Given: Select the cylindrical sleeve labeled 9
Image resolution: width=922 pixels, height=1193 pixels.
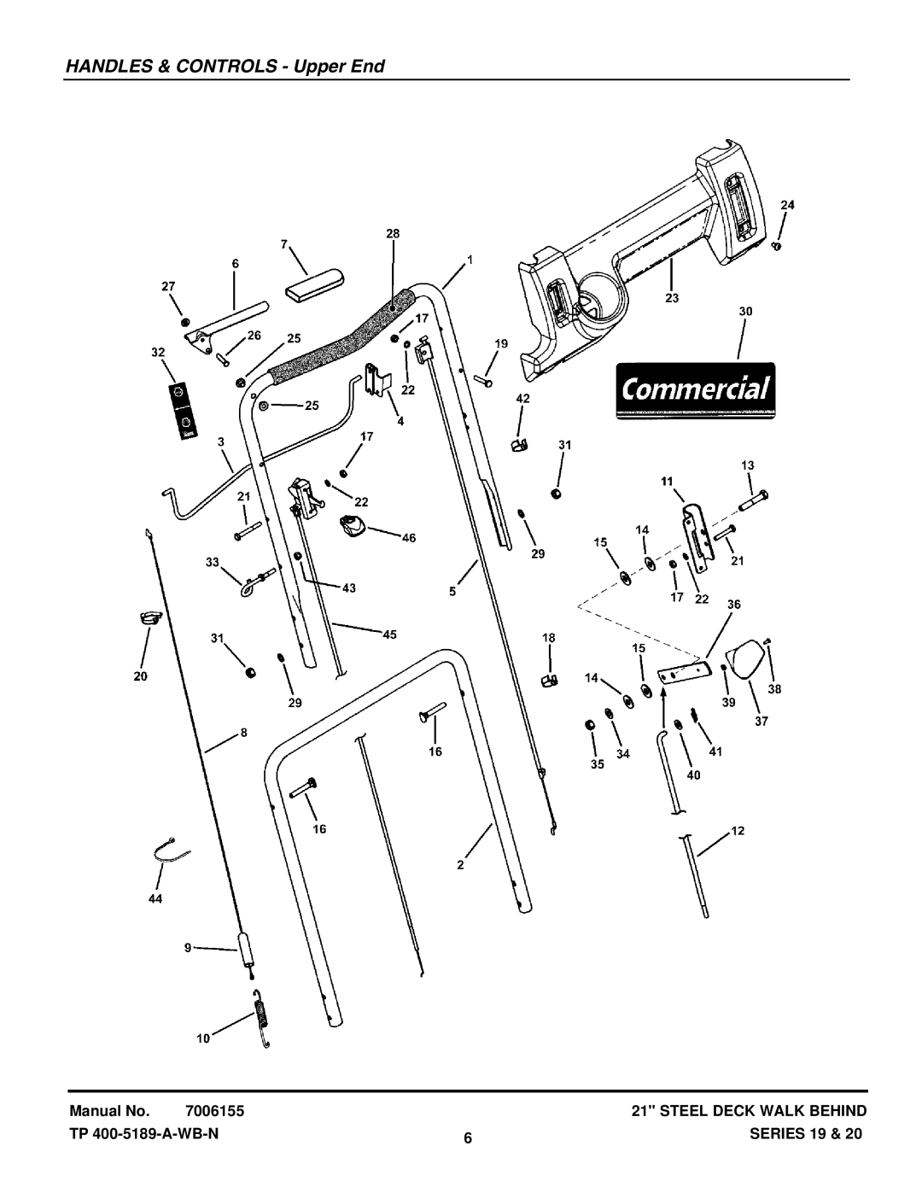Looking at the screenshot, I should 248,947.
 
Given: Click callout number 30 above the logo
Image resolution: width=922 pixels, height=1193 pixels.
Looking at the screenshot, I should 744,313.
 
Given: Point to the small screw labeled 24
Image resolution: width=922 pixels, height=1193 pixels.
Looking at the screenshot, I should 776,246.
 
